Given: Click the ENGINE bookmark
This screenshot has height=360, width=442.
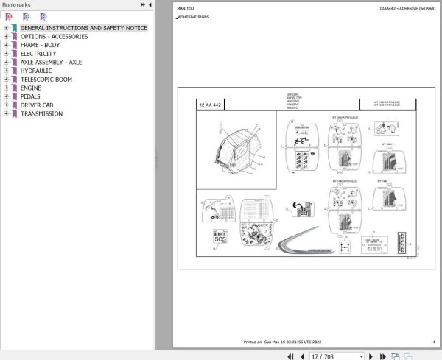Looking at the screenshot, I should click(x=31, y=88).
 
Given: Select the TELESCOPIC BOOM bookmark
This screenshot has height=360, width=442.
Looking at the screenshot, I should click(x=46, y=80).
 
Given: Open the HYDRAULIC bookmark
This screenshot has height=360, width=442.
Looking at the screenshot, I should click(x=36, y=71).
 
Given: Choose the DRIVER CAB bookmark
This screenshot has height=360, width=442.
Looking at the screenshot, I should click(x=36, y=105).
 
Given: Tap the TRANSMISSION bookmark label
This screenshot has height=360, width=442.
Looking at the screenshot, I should click(x=41, y=113).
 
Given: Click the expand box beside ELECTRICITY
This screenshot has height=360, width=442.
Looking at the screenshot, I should click(x=6, y=54).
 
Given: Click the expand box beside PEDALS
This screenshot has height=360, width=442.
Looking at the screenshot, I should click(x=6, y=96).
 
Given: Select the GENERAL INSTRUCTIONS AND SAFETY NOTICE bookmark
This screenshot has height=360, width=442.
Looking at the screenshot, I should click(x=83, y=28).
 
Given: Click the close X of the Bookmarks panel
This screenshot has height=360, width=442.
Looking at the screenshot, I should click(x=151, y=4).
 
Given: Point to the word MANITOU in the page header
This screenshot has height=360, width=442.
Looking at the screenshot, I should click(x=186, y=9).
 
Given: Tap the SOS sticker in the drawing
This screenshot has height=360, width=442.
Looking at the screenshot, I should click(x=220, y=239).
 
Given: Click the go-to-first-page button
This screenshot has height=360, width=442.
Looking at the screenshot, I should click(x=291, y=356).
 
